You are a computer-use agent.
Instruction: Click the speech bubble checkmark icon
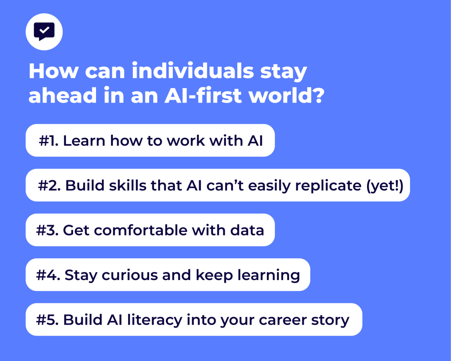[x=44, y=32]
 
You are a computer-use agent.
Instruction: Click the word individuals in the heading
[x=193, y=71]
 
